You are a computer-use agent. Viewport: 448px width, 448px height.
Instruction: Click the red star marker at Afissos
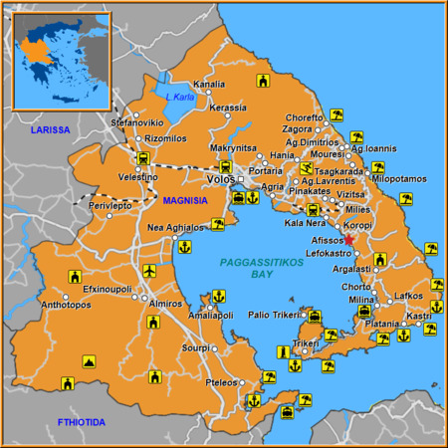(x=349, y=240)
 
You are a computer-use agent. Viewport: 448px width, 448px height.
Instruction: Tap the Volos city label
(x=218, y=179)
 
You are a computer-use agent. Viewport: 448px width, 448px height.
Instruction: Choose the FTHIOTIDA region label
(x=81, y=422)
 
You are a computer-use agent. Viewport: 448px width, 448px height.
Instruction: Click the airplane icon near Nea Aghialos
(x=150, y=271)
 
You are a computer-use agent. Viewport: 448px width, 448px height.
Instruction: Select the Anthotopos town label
(x=37, y=305)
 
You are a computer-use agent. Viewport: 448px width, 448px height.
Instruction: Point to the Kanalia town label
(x=209, y=84)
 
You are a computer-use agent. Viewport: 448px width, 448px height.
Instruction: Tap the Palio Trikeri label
(x=273, y=315)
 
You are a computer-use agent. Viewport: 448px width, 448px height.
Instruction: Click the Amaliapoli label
(x=211, y=313)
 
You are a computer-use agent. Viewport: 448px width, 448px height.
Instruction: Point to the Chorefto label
(x=304, y=117)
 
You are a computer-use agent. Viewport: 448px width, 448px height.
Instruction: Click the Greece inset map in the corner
(x=61, y=60)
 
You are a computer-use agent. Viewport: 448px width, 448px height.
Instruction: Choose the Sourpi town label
(x=195, y=347)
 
